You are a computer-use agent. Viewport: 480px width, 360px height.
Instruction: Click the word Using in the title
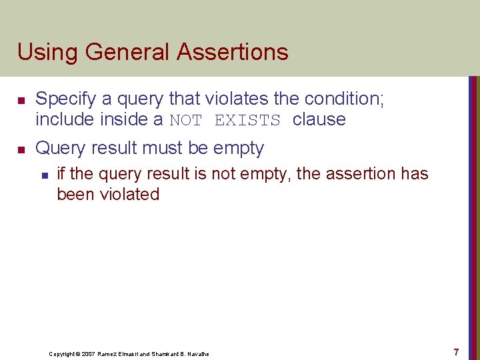point(44,52)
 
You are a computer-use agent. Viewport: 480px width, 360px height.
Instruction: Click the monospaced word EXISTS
point(247,121)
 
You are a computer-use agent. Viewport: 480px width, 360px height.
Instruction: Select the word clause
point(319,120)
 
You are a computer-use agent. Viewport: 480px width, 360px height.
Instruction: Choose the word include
point(65,120)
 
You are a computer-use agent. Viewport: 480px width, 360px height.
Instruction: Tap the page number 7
point(456,351)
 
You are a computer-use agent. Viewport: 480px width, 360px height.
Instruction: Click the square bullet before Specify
point(21,100)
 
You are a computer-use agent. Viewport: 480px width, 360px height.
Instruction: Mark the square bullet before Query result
point(21,149)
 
